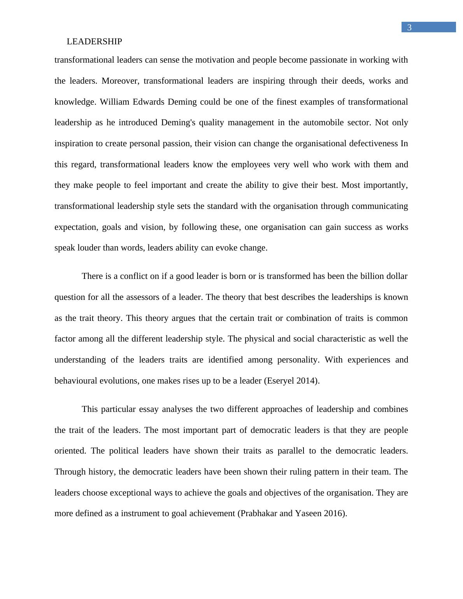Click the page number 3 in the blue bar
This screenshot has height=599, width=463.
pos(409,28)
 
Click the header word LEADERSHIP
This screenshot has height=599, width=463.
pos(94,42)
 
